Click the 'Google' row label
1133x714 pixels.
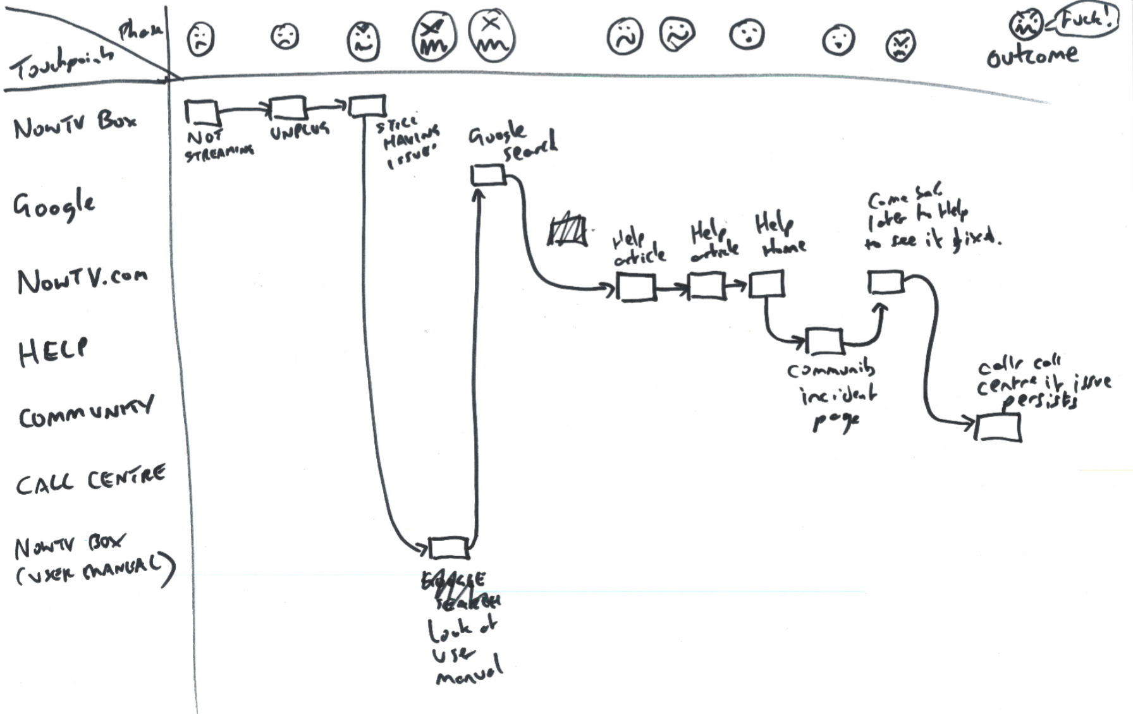tap(54, 204)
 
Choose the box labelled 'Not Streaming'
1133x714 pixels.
tap(202, 112)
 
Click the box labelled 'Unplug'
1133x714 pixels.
tap(288, 108)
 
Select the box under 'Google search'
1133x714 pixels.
tap(488, 174)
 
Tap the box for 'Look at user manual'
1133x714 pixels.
tap(449, 547)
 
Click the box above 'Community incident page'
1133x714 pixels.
tap(824, 341)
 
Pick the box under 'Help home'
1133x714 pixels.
tap(767, 284)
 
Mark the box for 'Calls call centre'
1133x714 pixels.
tap(998, 428)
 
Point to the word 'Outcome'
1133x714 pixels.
tap(1032, 56)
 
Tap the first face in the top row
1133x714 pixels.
tap(200, 39)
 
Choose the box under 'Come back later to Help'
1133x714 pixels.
tap(885, 282)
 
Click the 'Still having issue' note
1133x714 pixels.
tap(408, 142)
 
